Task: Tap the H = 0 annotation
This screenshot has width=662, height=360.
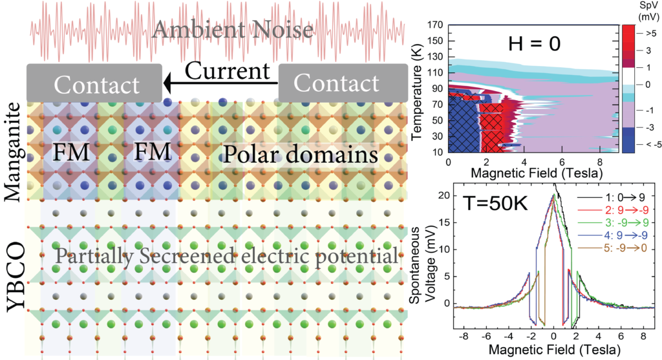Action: click(532, 44)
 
